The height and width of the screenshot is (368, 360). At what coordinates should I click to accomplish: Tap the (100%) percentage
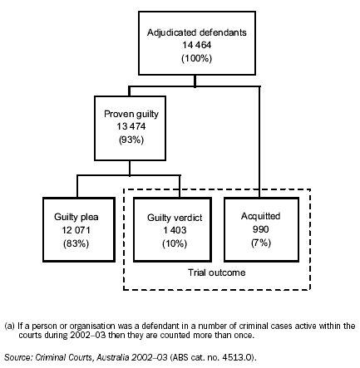pyautogui.click(x=196, y=59)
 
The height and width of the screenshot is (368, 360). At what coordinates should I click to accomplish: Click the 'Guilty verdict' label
pyautogui.click(x=168, y=216)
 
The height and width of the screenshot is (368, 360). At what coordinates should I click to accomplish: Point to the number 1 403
pyautogui.click(x=168, y=228)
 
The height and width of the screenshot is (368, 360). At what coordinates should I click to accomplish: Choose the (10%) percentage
pyautogui.click(x=168, y=242)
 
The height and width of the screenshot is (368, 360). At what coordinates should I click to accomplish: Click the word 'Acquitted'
pyautogui.click(x=260, y=215)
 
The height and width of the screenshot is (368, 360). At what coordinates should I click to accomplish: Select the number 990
pyautogui.click(x=260, y=228)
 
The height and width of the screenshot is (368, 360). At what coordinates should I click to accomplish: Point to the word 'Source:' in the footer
pyautogui.click(x=17, y=356)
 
